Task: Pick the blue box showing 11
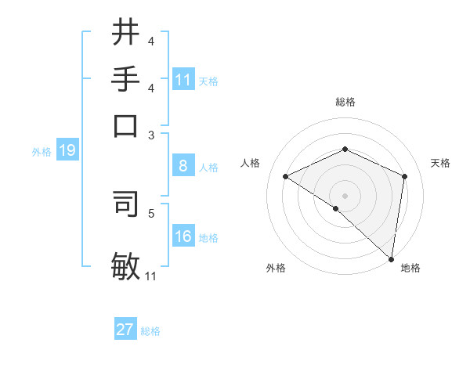(183, 80)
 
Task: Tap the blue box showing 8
(183, 166)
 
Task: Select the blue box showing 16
(183, 236)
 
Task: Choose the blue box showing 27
(125, 330)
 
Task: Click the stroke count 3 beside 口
(151, 135)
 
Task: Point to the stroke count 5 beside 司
(151, 212)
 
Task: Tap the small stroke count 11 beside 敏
(151, 276)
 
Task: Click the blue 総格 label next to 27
(150, 331)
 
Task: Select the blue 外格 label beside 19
(42, 152)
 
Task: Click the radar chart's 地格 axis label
(410, 269)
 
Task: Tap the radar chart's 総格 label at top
(345, 102)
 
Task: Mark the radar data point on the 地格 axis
(391, 258)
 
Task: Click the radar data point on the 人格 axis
(286, 177)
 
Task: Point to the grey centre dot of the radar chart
(345, 196)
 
